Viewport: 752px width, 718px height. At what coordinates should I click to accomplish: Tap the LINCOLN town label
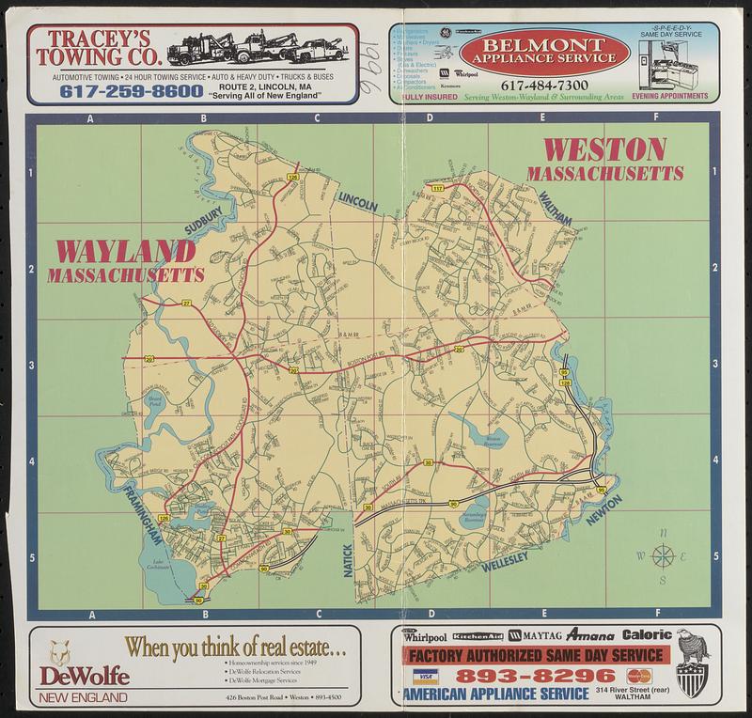pos(357,198)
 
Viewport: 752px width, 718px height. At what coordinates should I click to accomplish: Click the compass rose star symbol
pos(664,556)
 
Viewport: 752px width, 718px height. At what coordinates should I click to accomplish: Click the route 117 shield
pos(437,190)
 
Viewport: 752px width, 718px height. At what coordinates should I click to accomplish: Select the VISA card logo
pos(426,677)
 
